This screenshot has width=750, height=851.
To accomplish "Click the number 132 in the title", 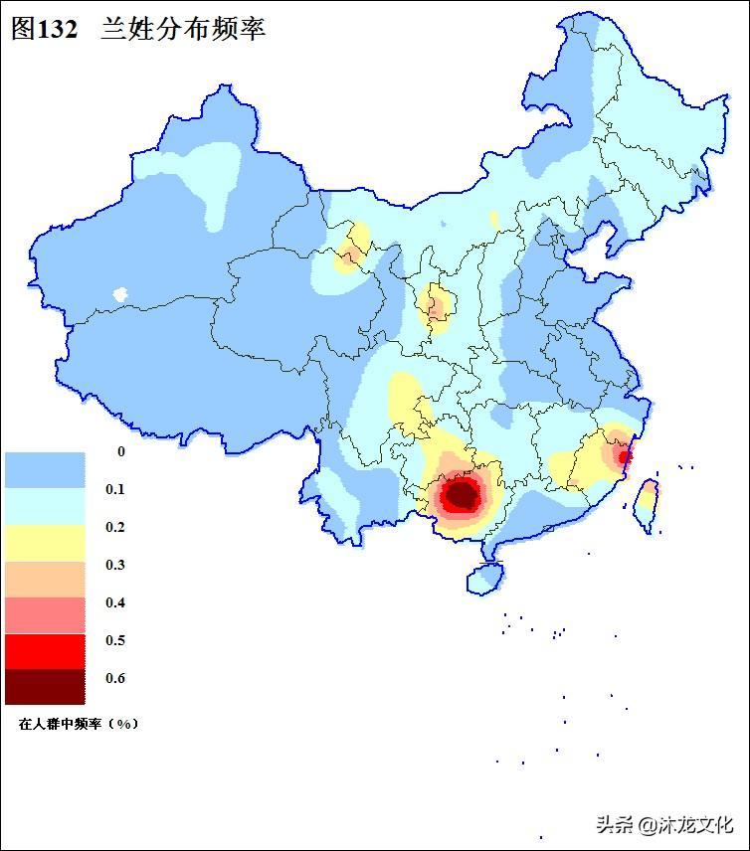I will pyautogui.click(x=58, y=29).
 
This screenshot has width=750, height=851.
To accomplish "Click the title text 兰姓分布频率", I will pyautogui.click(x=182, y=29).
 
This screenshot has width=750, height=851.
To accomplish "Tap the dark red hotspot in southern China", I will pyautogui.click(x=462, y=493).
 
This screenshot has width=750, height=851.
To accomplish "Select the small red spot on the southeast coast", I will pyautogui.click(x=624, y=456).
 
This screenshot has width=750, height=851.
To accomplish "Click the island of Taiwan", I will pyautogui.click(x=645, y=502).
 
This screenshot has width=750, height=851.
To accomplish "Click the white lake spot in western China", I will pyautogui.click(x=121, y=294).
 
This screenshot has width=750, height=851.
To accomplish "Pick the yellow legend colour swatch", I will pyautogui.click(x=45, y=542).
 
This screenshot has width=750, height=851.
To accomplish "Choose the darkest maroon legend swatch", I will pyautogui.click(x=45, y=686).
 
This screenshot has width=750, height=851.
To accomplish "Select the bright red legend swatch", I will pyautogui.click(x=45, y=650).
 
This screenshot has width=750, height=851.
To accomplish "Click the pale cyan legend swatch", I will pyautogui.click(x=45, y=506).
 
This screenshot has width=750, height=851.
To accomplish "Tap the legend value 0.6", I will pyautogui.click(x=115, y=678).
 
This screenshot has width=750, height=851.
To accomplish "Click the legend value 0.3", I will pyautogui.click(x=115, y=565).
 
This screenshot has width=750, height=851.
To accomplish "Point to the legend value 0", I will pyautogui.click(x=121, y=451).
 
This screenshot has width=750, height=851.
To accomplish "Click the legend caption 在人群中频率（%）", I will pyautogui.click(x=79, y=724).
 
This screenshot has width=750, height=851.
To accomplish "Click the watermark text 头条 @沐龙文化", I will pyautogui.click(x=664, y=824).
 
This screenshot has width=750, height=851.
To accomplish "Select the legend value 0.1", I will pyautogui.click(x=115, y=489).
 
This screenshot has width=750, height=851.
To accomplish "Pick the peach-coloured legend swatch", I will pyautogui.click(x=45, y=579).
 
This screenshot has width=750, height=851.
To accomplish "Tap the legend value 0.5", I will pyautogui.click(x=115, y=640).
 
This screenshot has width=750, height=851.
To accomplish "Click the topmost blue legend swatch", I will pyautogui.click(x=45, y=469).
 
